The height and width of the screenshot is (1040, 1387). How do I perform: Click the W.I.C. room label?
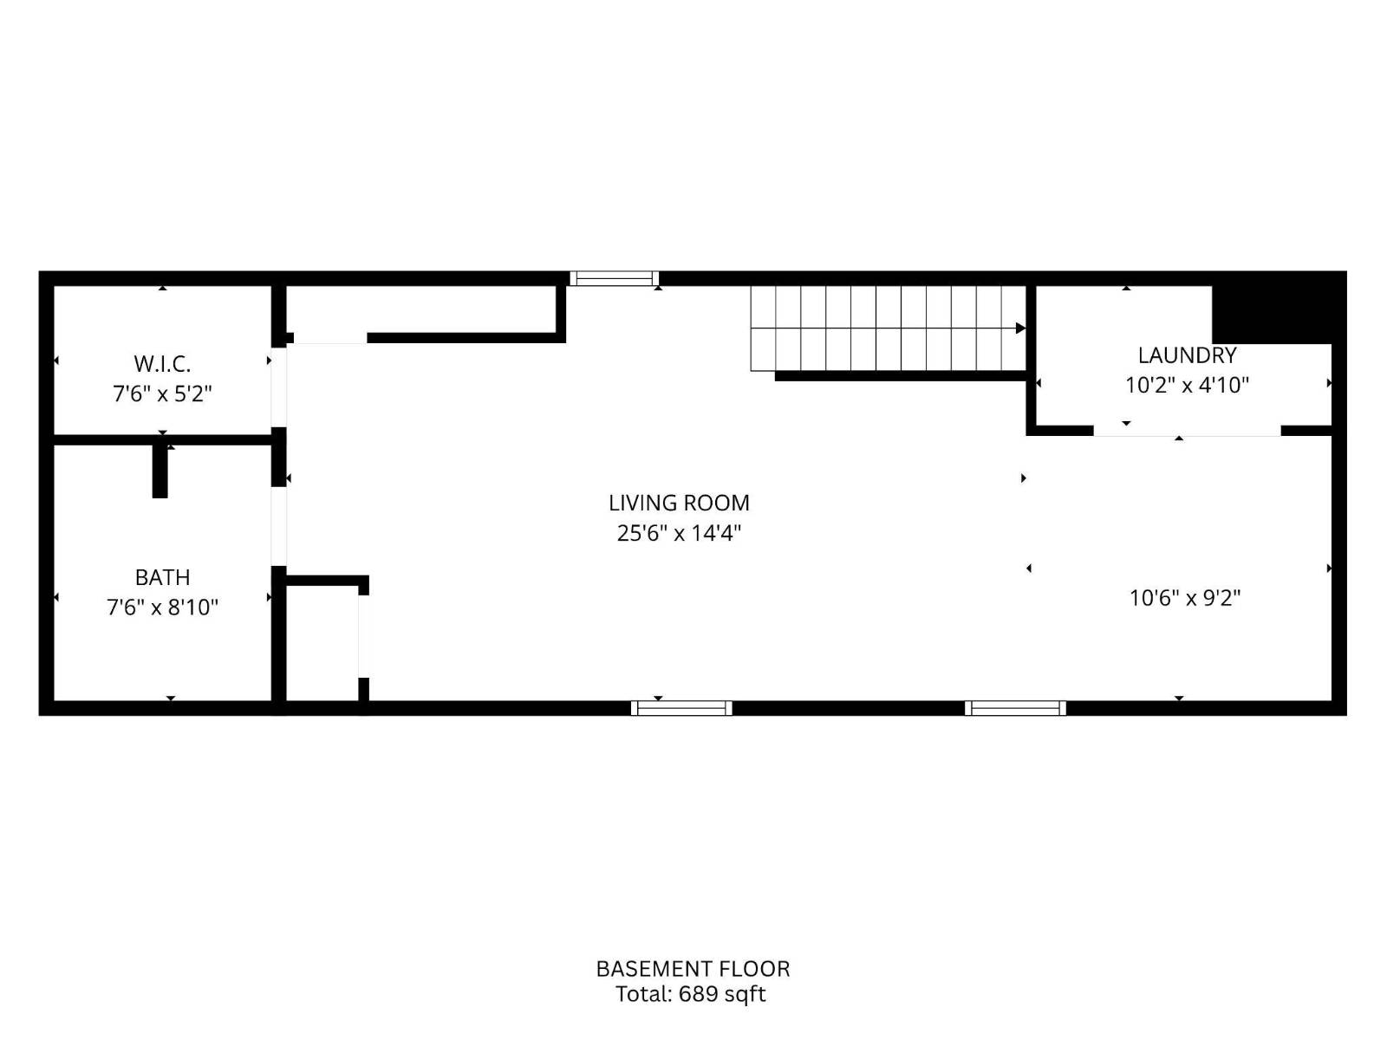pyautogui.click(x=162, y=364)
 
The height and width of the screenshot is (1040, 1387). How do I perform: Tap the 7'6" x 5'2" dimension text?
pyautogui.click(x=162, y=394)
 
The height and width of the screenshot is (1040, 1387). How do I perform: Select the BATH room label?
pyautogui.click(x=162, y=577)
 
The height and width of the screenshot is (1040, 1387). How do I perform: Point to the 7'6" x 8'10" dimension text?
pyautogui.click(x=162, y=608)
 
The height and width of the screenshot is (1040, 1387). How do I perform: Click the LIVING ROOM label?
pyautogui.click(x=679, y=503)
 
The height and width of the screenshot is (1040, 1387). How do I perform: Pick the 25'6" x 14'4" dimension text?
pyautogui.click(x=679, y=533)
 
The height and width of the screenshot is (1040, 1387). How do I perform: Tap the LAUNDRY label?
pyautogui.click(x=1187, y=355)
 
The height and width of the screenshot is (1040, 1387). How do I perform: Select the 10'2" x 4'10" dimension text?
pyautogui.click(x=1187, y=385)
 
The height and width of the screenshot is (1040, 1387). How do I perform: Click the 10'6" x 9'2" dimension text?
pyautogui.click(x=1185, y=598)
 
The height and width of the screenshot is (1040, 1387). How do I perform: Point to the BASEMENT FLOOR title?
pyautogui.click(x=693, y=968)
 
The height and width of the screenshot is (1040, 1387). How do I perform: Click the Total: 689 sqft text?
pyautogui.click(x=691, y=994)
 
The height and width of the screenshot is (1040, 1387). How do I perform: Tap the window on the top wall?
pyautogui.click(x=614, y=278)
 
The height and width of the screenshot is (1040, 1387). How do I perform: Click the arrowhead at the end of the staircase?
pyautogui.click(x=1020, y=328)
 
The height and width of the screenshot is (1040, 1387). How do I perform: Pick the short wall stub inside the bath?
pyautogui.click(x=160, y=471)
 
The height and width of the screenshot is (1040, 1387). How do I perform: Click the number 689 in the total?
pyautogui.click(x=698, y=994)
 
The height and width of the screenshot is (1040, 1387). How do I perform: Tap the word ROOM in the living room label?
pyautogui.click(x=717, y=503)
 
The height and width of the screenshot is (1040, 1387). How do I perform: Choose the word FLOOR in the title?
pyautogui.click(x=759, y=968)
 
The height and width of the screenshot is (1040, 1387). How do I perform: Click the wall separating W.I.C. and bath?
pyautogui.click(x=162, y=439)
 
